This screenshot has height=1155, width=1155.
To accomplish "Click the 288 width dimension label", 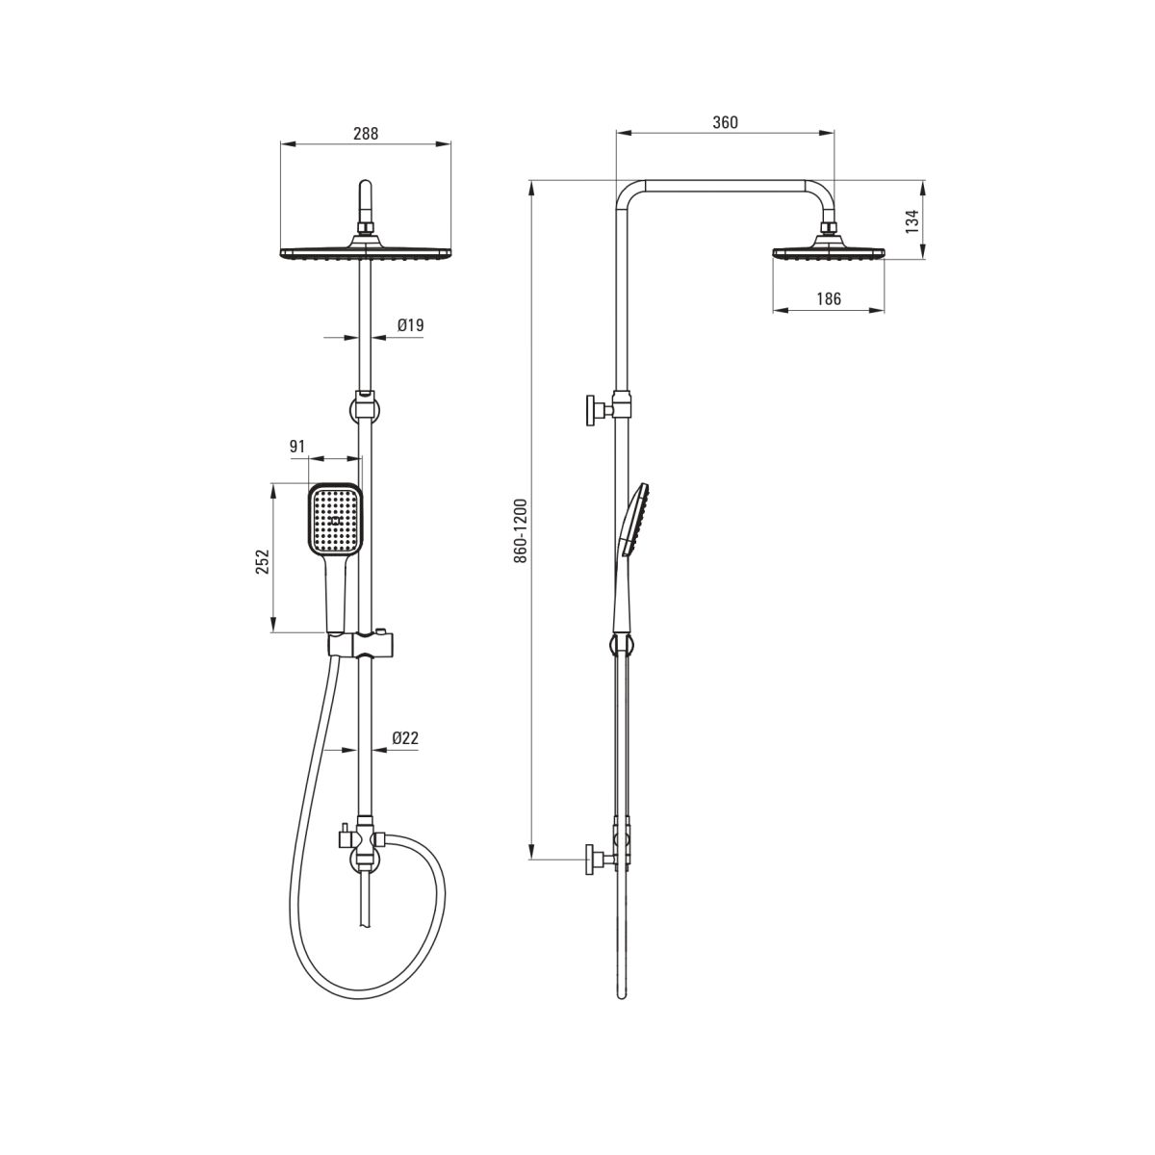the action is [366, 134].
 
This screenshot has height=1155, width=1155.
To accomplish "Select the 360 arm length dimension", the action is [726, 122].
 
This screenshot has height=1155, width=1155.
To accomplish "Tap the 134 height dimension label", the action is [911, 221].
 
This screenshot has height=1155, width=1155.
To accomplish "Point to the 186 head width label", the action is [829, 298].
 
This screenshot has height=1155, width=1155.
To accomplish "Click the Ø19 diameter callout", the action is [411, 325].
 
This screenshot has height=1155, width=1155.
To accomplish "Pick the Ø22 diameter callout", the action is [405, 738].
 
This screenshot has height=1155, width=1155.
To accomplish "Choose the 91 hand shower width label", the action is [297, 447].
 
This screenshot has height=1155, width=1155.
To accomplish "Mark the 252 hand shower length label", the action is [263, 561].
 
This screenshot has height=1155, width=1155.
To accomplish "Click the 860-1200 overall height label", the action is [521, 530].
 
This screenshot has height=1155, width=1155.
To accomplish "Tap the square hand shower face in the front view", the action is [336, 520].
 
